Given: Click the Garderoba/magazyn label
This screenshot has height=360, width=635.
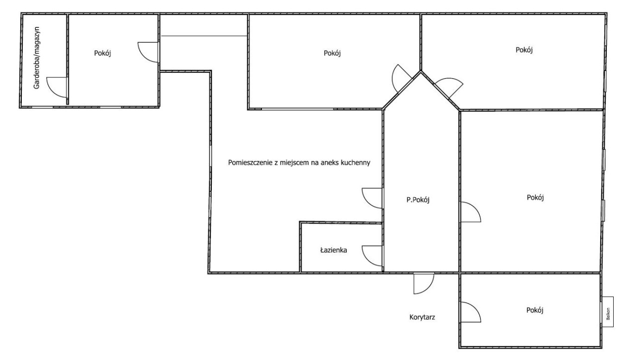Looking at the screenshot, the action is click(x=37, y=58).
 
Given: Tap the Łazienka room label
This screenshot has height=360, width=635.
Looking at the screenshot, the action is click(x=334, y=250).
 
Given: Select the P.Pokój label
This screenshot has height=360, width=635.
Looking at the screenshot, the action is click(x=418, y=200).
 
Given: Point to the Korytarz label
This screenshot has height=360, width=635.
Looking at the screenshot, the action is click(x=422, y=317).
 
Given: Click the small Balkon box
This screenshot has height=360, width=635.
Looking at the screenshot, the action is click(x=608, y=312).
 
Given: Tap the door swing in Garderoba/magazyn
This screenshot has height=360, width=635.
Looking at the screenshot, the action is click(x=57, y=87).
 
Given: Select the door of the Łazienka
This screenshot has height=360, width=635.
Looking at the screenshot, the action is click(x=372, y=256).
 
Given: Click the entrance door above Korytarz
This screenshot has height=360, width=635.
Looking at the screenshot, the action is click(x=424, y=283).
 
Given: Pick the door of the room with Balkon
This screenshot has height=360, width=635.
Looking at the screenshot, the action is click(x=471, y=312).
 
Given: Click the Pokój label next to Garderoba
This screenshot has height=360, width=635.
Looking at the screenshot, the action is click(x=102, y=53).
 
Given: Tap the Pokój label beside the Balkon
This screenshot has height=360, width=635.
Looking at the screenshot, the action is click(x=535, y=310).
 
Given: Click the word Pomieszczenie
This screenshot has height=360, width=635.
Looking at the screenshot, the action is click(x=251, y=163).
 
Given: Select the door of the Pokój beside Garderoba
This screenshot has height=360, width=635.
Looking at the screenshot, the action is click(x=148, y=52).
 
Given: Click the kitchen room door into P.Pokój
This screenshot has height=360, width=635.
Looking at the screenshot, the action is click(x=372, y=198).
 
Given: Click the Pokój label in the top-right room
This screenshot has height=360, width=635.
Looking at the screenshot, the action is click(x=524, y=50).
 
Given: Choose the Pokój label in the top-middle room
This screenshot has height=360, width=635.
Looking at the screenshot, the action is click(x=332, y=53).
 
